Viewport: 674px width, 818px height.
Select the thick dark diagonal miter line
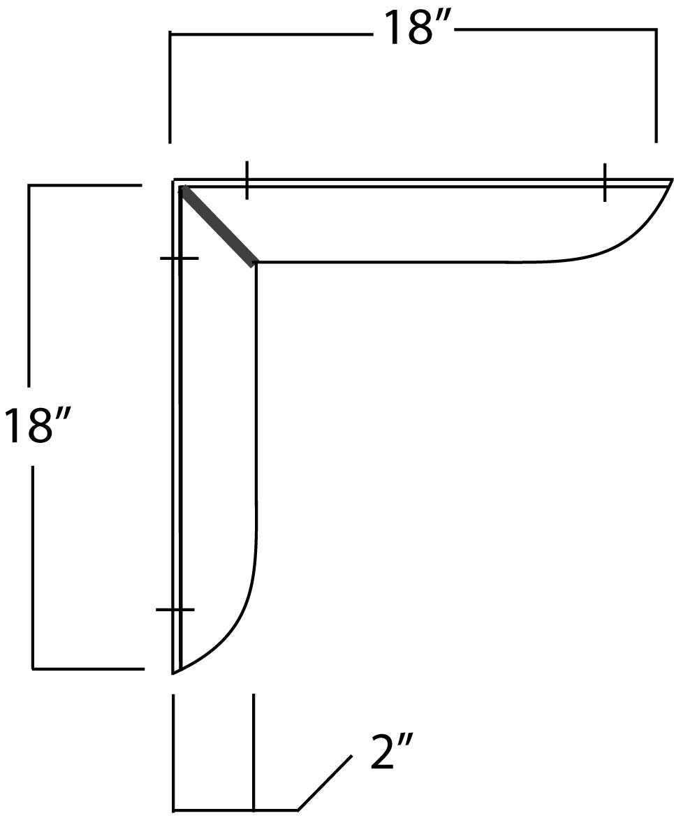click(x=217, y=226)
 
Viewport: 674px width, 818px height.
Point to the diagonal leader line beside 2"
click(x=324, y=783)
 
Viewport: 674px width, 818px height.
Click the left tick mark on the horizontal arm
click(x=247, y=180)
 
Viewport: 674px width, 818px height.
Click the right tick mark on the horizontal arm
click(x=605, y=182)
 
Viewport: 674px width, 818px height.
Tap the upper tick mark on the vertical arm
click(x=180, y=258)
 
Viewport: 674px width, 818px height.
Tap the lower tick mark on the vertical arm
click(x=175, y=610)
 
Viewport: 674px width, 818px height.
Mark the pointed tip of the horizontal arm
click(x=671, y=180)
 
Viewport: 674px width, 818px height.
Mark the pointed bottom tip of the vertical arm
click(x=173, y=673)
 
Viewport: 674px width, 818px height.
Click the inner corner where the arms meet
click(x=256, y=263)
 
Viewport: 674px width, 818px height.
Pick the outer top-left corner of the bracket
click(x=175, y=180)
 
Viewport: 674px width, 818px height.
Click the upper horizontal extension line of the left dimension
click(x=84, y=185)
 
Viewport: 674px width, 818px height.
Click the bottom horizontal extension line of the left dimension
click(x=88, y=669)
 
